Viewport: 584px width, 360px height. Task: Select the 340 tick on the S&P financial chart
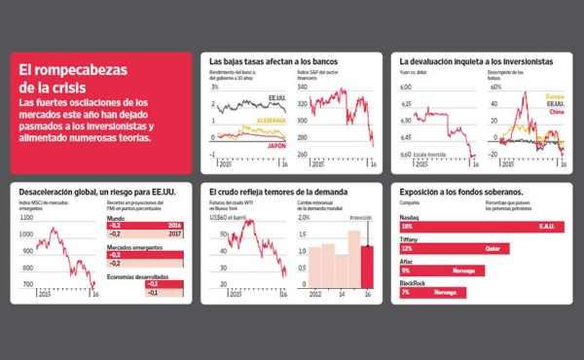(303, 87)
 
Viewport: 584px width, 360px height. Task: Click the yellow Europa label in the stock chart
(555, 95)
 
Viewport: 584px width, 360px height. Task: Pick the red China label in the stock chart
(557, 111)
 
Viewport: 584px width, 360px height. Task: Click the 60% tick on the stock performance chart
(493, 87)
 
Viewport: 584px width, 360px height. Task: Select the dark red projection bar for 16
(367, 262)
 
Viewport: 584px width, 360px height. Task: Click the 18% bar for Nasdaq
(477, 226)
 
